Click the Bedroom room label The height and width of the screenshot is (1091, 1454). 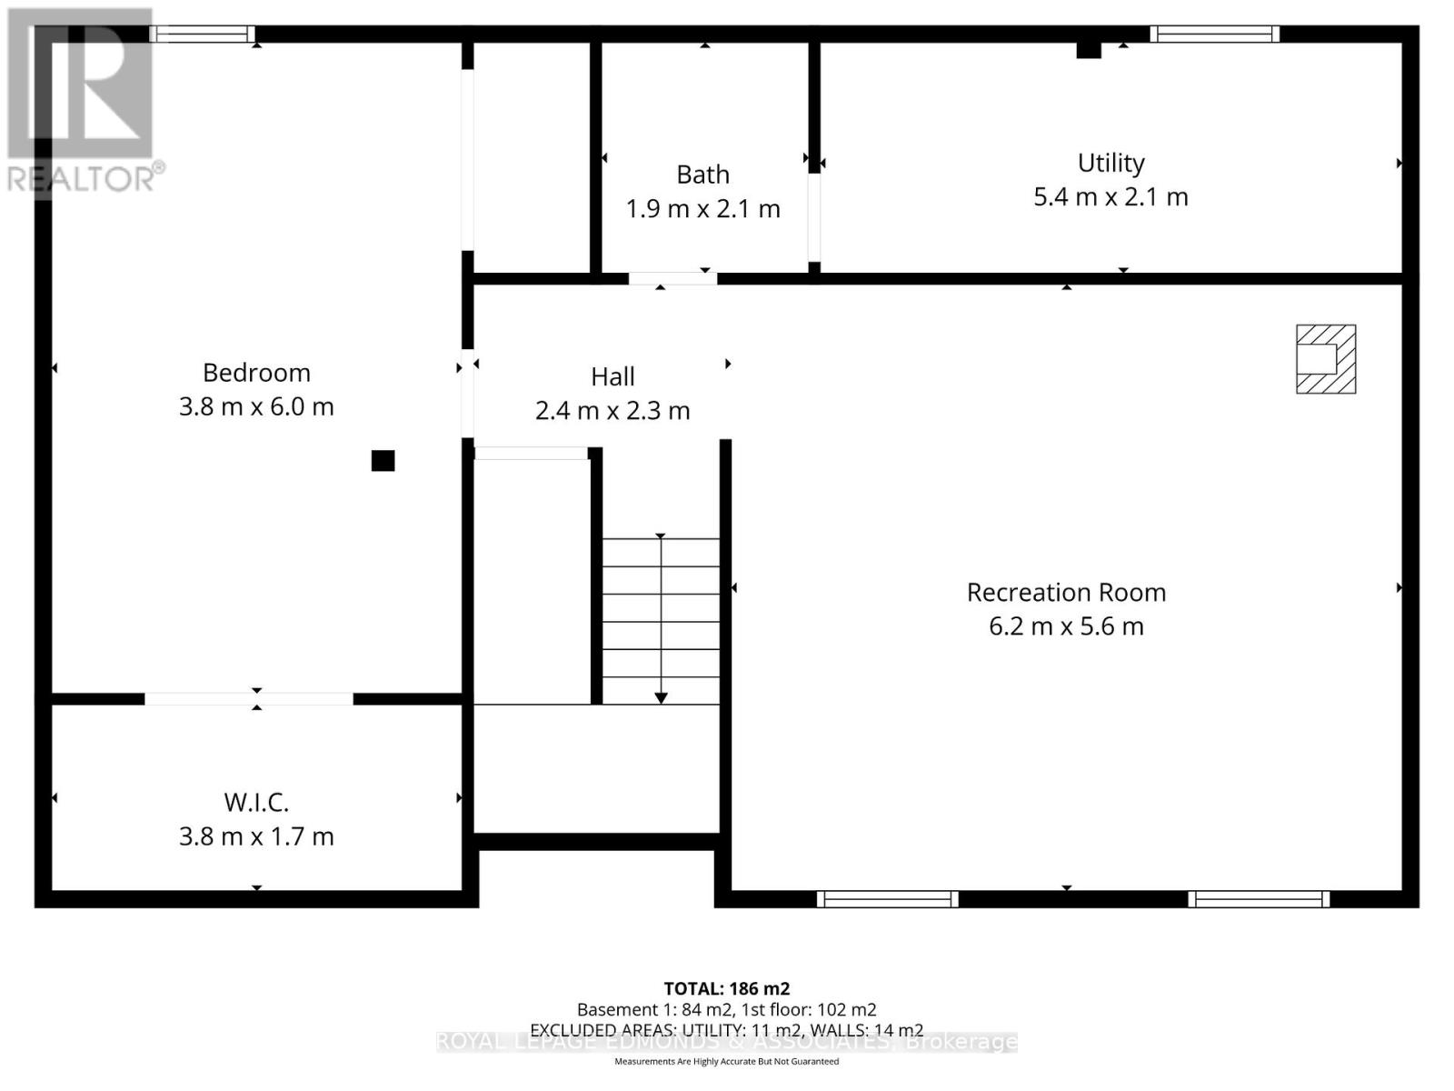(256, 373)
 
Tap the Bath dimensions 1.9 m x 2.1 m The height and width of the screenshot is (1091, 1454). (702, 209)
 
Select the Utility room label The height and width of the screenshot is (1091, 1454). (1110, 163)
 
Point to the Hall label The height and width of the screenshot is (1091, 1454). (612, 376)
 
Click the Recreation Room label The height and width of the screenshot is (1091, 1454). (1066, 593)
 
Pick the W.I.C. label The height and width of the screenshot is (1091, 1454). (256, 803)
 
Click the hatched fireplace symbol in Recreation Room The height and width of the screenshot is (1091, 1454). (1326, 359)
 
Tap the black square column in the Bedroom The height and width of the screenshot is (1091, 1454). (383, 461)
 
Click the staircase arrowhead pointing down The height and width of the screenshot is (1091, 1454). (661, 697)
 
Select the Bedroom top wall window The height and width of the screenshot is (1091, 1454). (203, 35)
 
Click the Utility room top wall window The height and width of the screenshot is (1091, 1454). (1214, 35)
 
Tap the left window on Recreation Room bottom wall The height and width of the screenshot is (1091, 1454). (887, 899)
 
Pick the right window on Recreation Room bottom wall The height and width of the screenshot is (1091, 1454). (1259, 899)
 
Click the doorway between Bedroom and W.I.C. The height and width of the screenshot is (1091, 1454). (248, 698)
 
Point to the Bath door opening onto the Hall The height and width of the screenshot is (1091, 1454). (672, 278)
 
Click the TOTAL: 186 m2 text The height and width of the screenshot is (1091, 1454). (726, 988)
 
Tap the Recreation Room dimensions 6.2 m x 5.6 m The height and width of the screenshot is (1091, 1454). (1066, 626)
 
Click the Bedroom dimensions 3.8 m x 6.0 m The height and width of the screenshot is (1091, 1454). (256, 406)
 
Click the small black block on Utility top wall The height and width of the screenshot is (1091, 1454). (1089, 50)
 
